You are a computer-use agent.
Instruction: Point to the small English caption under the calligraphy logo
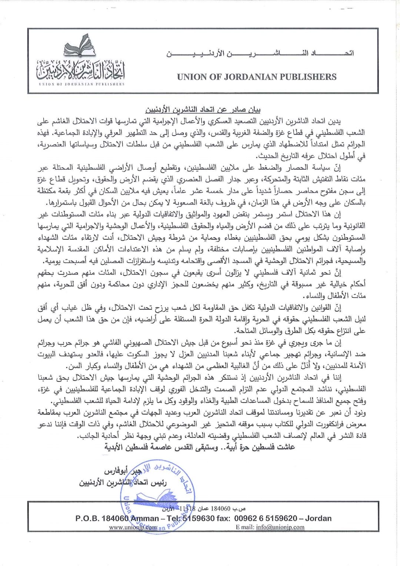81,84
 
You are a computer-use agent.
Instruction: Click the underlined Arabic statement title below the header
203,110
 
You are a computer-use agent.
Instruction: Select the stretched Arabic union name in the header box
259,53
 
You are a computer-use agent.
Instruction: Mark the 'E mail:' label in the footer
245,527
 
